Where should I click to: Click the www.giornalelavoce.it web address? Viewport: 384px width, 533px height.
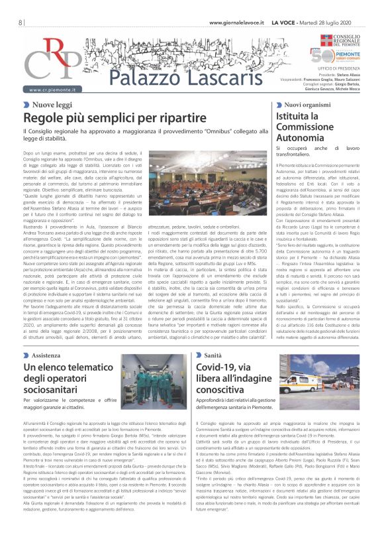point(236,23)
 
